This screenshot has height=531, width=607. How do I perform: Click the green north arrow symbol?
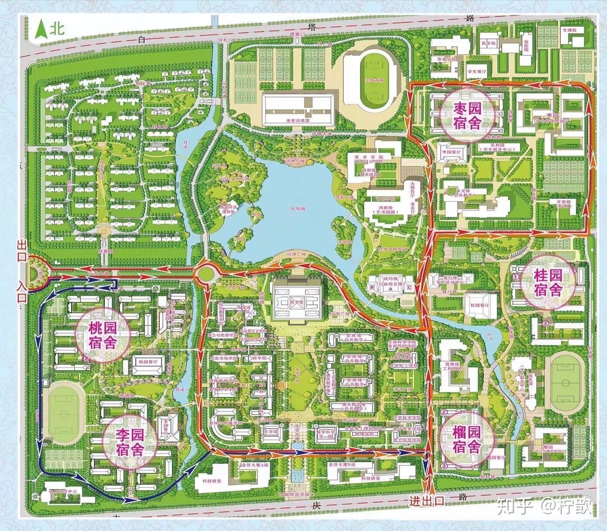[x=42, y=29]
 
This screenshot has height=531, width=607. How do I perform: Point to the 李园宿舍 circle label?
[x=129, y=441]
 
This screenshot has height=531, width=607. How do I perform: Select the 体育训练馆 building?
[x=298, y=109]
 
